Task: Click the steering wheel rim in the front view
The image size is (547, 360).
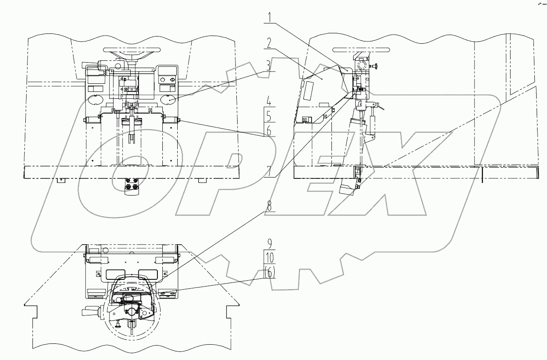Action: pos(133,49)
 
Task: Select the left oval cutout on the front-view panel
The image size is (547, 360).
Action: pos(95,98)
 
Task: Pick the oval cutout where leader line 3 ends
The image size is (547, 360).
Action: pos(169,98)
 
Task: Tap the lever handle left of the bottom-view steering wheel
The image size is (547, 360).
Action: pos(88,311)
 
